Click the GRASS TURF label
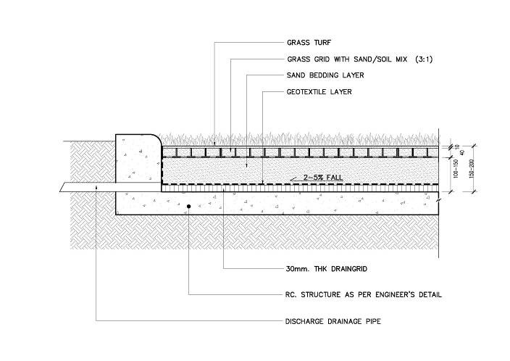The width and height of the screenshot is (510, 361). coord(309,43)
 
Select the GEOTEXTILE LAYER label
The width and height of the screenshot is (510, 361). coord(319,92)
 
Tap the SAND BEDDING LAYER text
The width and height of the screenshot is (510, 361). coord(325,75)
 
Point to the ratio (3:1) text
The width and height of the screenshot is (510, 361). coord(424,59)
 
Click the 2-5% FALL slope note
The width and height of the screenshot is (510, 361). coord(323,178)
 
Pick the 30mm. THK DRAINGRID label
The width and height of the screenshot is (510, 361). coord(326,269)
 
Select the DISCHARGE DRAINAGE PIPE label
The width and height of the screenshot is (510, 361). coord(333,321)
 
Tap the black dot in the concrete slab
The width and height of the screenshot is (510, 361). coord(188,207)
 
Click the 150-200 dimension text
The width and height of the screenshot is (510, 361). coord(472,169)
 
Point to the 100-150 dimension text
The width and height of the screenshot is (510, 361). coord(456,169)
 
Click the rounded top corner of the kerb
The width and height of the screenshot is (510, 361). coord(157,138)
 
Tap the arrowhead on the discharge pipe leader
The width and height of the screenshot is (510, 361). coord(96,188)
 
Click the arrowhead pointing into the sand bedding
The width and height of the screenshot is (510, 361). coord(246,166)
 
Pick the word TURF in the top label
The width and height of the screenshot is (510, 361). coord(322,43)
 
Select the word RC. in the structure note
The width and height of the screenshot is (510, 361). coord(291,294)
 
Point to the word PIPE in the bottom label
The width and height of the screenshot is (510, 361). coord(373,321)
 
